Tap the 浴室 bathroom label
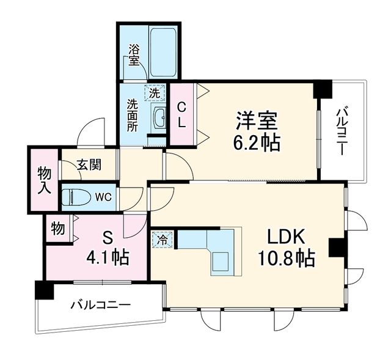(x=134, y=55)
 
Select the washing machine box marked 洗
(x=155, y=92)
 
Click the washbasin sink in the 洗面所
(x=159, y=118)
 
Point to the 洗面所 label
(x=132, y=116)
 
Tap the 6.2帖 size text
(x=257, y=142)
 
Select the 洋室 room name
(x=257, y=120)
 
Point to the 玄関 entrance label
(x=89, y=164)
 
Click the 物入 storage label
(x=45, y=181)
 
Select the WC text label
(x=104, y=197)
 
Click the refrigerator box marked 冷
(x=163, y=240)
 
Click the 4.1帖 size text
(x=108, y=257)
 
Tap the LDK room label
(x=286, y=237)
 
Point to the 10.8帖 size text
(x=287, y=259)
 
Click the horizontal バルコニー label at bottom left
(x=101, y=305)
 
